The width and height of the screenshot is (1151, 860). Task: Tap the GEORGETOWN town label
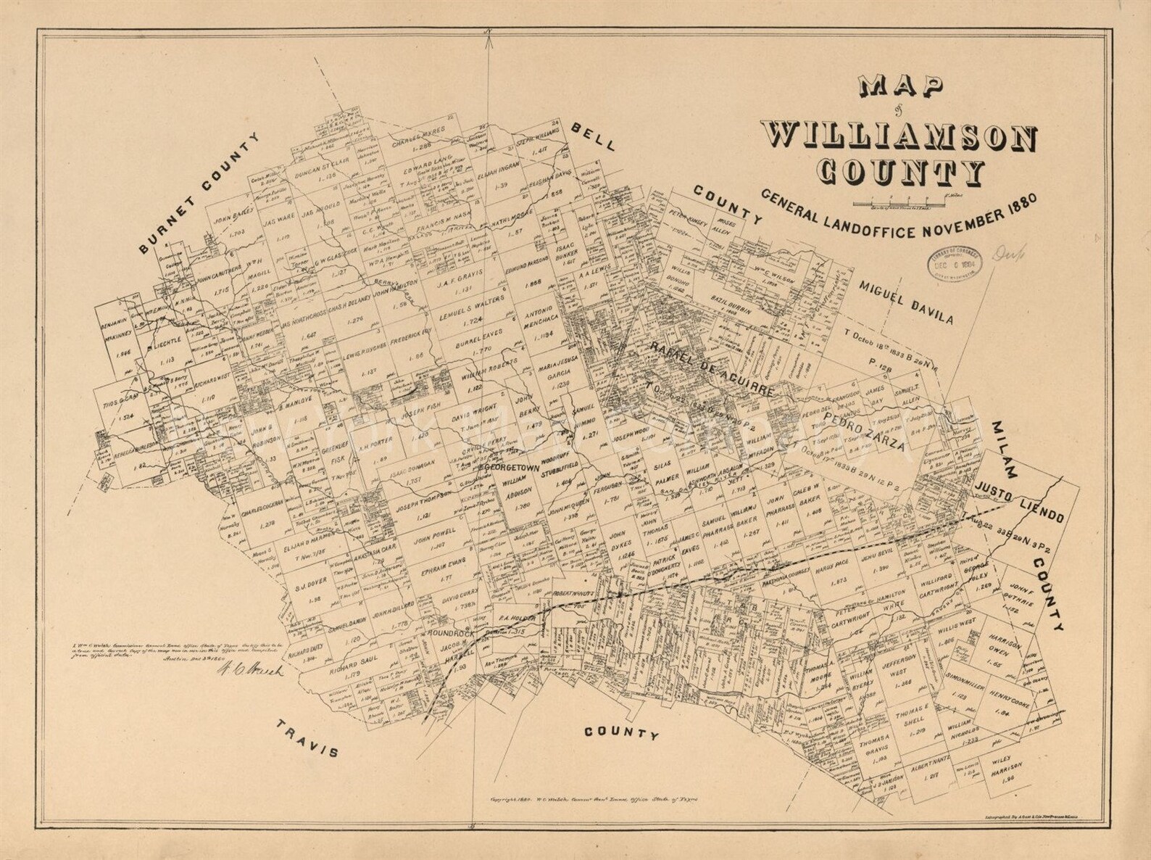(x=515, y=467)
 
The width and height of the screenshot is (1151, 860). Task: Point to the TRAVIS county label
(x=307, y=739)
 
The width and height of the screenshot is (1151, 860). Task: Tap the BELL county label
(x=592, y=136)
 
